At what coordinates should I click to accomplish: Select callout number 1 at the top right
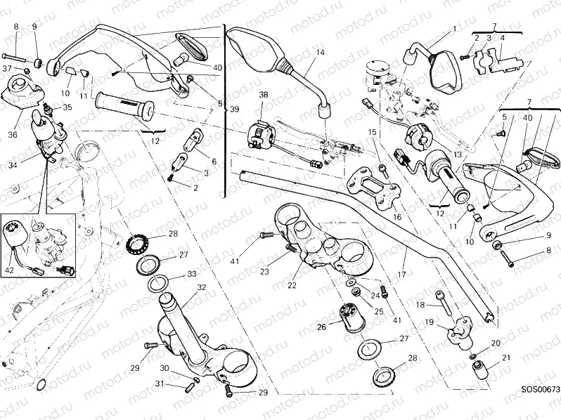454,29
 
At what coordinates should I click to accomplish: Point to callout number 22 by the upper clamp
292,285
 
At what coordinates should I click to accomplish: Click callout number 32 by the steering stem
201,287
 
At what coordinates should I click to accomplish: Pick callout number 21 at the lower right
506,360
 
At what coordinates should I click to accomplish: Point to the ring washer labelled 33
158,284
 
